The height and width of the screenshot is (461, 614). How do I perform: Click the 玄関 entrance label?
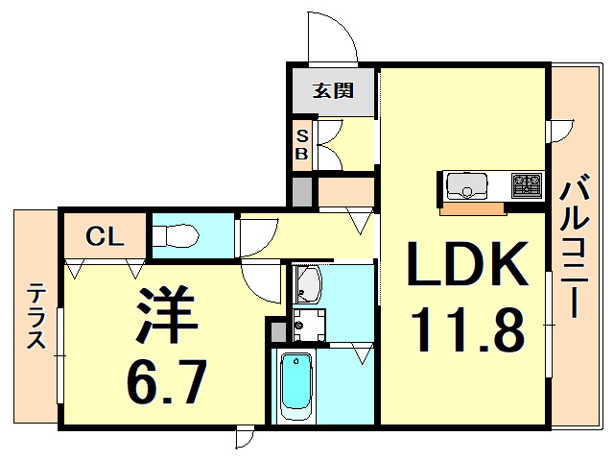334,91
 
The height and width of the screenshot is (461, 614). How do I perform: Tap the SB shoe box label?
301,144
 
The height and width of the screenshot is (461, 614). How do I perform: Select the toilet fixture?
177,234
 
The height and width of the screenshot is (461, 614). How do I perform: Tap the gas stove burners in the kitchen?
527,182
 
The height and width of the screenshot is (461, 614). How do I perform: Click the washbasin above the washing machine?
309,282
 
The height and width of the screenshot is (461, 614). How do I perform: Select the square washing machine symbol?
309,323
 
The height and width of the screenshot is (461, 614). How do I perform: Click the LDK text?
468,264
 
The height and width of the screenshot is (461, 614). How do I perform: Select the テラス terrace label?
36,317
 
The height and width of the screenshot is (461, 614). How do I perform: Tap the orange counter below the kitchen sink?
472,207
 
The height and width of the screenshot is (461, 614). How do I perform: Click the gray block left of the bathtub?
276,332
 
